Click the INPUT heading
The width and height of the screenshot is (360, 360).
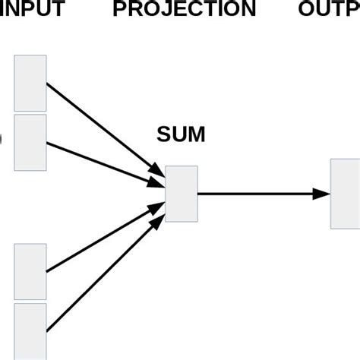(x=32, y=10)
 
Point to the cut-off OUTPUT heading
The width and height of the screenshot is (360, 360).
(x=329, y=10)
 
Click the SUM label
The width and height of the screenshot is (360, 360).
(x=181, y=135)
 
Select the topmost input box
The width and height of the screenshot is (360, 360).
(x=30, y=83)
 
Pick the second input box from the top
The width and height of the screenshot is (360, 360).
(x=30, y=141)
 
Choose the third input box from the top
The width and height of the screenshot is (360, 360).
(x=30, y=272)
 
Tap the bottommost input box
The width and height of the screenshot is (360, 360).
(x=30, y=330)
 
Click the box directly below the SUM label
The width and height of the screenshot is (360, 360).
(x=182, y=194)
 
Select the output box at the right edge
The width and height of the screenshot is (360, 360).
(x=345, y=193)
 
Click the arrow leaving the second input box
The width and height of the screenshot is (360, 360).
(x=99, y=161)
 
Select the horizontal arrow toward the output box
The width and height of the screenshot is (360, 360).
(x=258, y=194)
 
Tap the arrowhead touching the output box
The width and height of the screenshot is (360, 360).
(x=323, y=194)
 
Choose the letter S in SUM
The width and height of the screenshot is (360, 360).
(x=163, y=135)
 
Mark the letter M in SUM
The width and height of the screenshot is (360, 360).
(x=197, y=135)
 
